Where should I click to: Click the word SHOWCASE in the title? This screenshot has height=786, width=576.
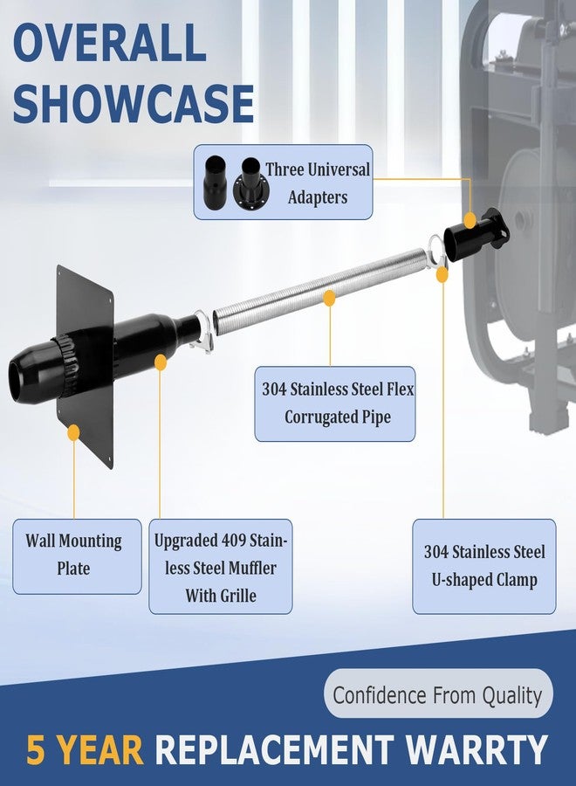(x=134, y=103)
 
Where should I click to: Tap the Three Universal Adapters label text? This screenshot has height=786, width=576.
(x=318, y=183)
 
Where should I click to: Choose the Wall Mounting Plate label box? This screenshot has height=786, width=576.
(x=77, y=556)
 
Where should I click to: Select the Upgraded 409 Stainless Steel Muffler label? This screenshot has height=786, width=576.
(x=221, y=567)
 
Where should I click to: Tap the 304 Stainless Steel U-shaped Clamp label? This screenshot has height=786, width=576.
(x=483, y=567)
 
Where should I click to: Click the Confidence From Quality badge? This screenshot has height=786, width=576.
(x=438, y=694)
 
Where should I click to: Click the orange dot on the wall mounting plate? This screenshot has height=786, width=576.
(x=73, y=432)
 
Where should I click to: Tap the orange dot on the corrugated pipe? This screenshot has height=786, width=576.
(x=329, y=299)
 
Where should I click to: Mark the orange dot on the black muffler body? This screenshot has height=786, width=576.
(x=161, y=362)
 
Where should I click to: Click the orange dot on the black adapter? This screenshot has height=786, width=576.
(x=470, y=221)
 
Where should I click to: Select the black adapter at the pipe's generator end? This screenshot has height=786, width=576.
(x=476, y=236)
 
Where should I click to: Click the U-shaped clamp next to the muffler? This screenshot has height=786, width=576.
(x=202, y=332)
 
